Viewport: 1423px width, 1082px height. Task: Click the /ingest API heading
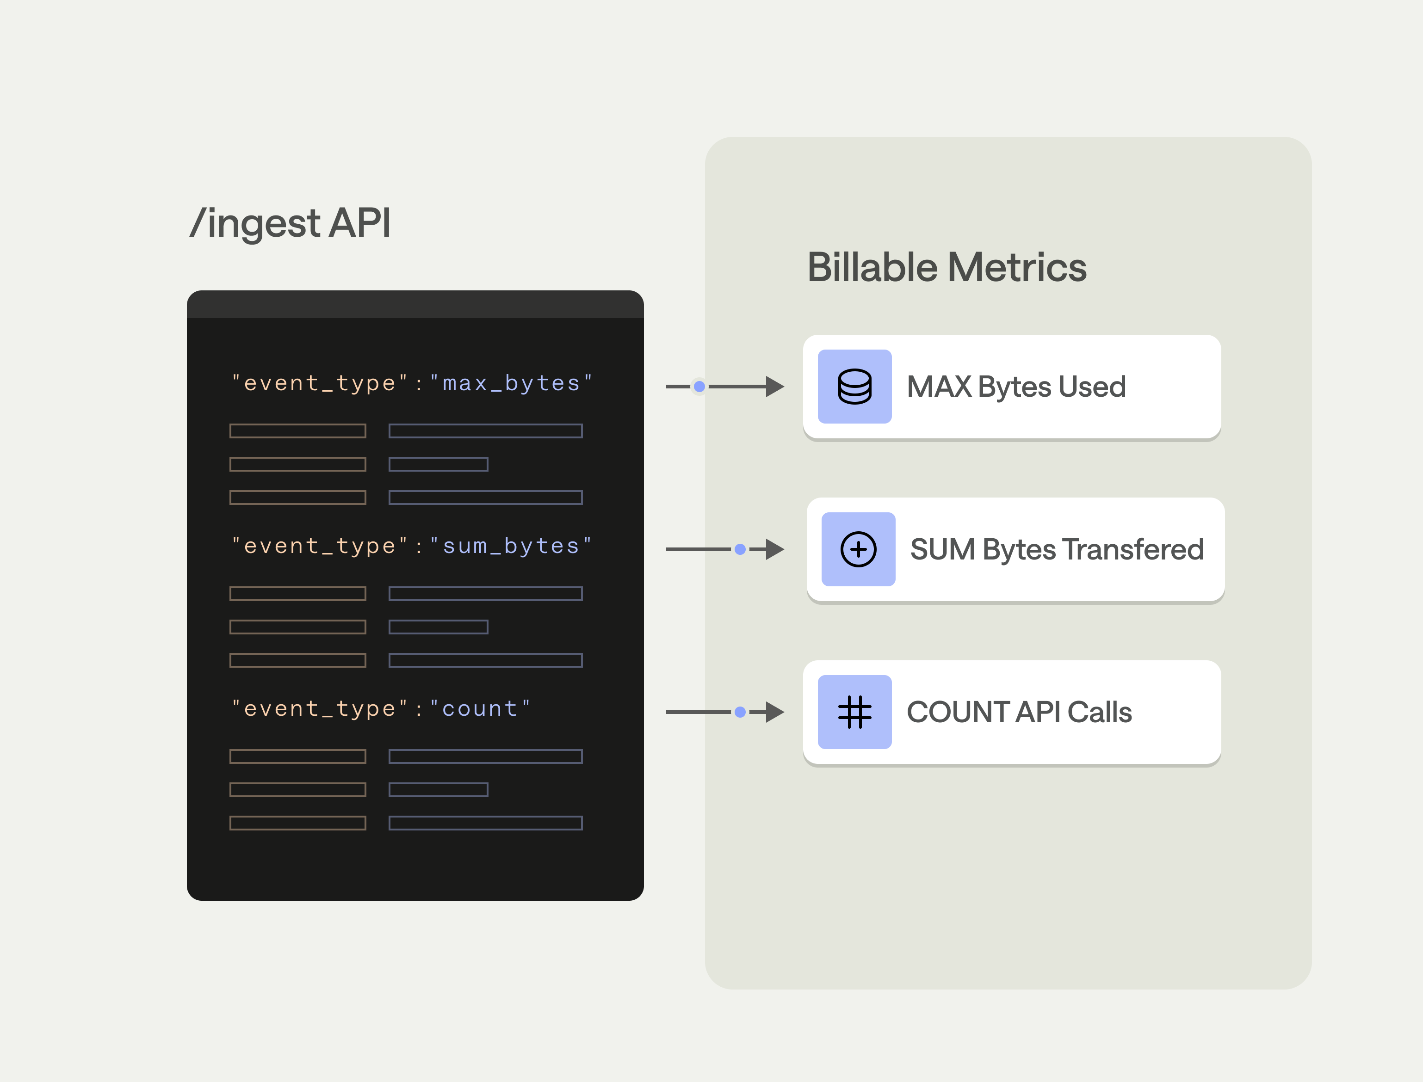pos(291,223)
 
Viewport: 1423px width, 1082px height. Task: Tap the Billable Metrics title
pos(947,267)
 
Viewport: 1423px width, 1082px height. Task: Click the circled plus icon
pos(858,549)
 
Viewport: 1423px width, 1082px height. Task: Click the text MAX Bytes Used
pos(1016,387)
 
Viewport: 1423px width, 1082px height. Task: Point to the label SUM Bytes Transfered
pos(1057,549)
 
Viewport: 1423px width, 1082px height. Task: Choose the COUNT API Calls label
pos(1019,712)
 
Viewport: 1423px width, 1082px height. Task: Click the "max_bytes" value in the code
pos(511,383)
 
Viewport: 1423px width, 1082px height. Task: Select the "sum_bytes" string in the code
pos(511,546)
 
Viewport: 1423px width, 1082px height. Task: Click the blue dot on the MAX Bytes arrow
pos(699,387)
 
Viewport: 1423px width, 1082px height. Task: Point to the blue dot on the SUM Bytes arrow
pos(740,549)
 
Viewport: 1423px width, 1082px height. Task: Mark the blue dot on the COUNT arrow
pos(740,712)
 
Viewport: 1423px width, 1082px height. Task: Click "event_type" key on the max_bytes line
pos(320,383)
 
